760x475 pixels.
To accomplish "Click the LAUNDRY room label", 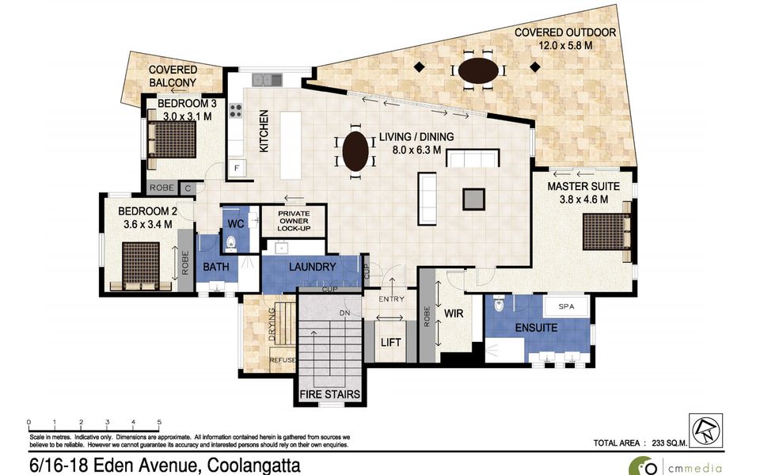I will (312, 268).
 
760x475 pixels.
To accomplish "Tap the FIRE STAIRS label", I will (330, 393).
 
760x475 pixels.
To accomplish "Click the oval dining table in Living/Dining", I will (354, 150).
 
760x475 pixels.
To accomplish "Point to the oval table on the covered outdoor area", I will (478, 70).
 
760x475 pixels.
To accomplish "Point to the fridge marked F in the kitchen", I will (235, 167).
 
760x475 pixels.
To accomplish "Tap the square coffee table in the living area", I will (474, 198).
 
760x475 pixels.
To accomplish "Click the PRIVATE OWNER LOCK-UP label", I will (294, 220).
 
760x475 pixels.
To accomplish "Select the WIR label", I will (454, 313).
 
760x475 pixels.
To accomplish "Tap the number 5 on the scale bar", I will (160, 422).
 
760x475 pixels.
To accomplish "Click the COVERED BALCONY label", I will (173, 77).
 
